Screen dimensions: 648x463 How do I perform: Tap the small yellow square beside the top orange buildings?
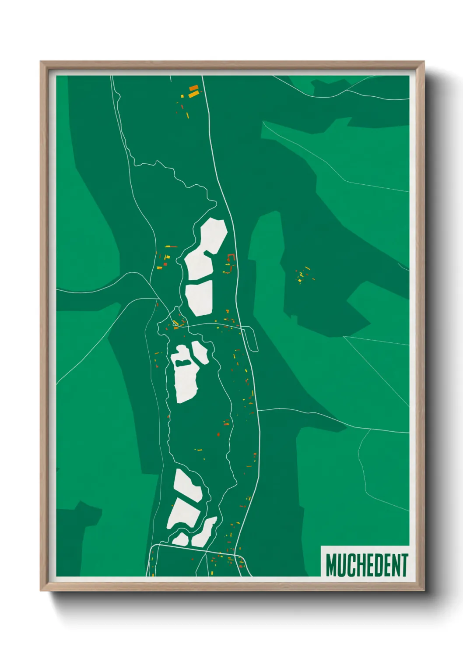tap(182, 96)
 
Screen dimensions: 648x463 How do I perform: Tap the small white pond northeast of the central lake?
tap(200, 353)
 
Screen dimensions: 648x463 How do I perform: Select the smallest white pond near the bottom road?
tap(180, 539)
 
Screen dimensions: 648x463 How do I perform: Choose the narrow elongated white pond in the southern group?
tap(205, 532)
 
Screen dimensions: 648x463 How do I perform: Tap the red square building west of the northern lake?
tap(165, 264)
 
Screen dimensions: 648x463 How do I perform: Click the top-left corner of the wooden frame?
tap(41, 62)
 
